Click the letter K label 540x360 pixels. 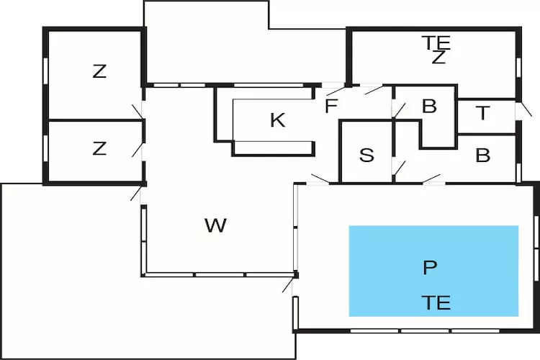(x=277, y=121)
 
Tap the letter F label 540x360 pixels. (x=330, y=107)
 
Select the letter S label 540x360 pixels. (x=366, y=156)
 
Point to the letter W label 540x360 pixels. (x=215, y=226)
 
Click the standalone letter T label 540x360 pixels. (x=483, y=113)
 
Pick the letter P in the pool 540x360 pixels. (x=430, y=268)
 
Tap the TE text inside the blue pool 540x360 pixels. (x=437, y=302)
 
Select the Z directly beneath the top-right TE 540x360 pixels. (x=438, y=59)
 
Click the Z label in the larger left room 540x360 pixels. (x=99, y=71)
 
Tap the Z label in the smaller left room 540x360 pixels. (x=99, y=149)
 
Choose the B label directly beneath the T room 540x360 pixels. (x=483, y=156)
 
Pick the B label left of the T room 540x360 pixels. (x=429, y=107)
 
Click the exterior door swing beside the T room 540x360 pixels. (x=526, y=109)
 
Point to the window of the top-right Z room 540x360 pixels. (x=518, y=66)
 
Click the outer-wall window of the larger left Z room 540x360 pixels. (x=46, y=71)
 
